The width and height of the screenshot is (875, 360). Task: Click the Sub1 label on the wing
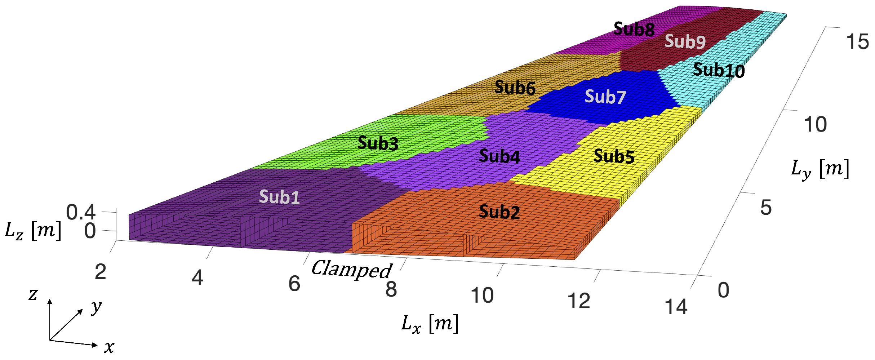coord(279,197)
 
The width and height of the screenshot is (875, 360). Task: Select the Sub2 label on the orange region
coord(499,212)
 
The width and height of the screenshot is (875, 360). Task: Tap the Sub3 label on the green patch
coord(378,143)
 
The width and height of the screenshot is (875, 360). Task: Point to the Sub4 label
coord(499,156)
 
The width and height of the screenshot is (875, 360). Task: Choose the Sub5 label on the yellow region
coord(614,156)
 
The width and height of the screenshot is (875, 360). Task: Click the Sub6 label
coord(515,88)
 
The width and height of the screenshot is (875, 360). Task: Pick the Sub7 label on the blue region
coord(605,97)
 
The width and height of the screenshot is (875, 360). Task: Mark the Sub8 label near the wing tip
coord(634,29)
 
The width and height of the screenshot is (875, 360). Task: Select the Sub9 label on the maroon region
coord(685,41)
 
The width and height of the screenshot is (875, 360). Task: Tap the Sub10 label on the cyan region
coord(719,70)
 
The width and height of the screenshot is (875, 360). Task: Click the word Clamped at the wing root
coord(351,269)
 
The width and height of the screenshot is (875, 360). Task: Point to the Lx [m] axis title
coord(430,324)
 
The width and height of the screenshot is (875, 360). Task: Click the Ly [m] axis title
coord(820,169)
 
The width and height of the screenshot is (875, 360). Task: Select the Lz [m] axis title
coord(33,230)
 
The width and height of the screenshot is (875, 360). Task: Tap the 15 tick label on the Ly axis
coord(857,42)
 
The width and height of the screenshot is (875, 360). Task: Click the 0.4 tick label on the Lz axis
coord(81,212)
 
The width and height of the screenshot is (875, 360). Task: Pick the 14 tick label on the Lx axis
coord(676,307)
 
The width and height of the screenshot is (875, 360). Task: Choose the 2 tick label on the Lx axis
coord(101,272)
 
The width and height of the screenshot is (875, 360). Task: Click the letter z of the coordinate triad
coord(33,294)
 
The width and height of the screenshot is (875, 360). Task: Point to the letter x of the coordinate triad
coord(109,347)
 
